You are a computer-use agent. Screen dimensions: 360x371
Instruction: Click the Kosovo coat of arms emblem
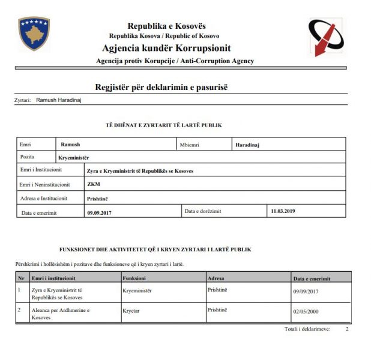(x=34, y=34)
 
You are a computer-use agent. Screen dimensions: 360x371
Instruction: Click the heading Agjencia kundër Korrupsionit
(x=166, y=48)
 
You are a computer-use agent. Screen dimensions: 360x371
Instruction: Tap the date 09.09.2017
(x=99, y=212)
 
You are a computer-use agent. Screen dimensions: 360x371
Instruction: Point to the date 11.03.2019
(x=283, y=211)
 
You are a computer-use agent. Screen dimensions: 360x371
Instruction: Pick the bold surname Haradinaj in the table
(x=247, y=145)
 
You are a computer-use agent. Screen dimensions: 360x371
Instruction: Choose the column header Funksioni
(x=134, y=278)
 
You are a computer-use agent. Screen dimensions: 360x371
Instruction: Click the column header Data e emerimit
(x=312, y=278)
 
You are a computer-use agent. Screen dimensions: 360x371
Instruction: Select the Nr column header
(x=20, y=278)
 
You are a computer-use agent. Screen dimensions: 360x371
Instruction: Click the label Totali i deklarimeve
(x=307, y=329)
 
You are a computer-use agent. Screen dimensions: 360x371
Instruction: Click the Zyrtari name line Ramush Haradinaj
(x=58, y=100)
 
